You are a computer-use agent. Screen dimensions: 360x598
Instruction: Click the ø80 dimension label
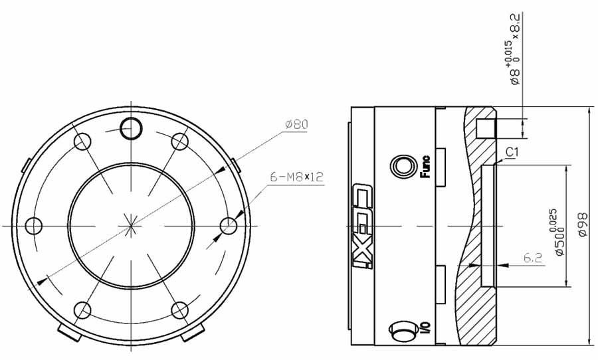pos(296,124)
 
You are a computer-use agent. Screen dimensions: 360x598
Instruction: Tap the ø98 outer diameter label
pos(583,225)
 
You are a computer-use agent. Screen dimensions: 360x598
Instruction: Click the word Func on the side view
pos(425,167)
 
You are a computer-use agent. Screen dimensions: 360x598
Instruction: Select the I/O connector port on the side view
pos(401,330)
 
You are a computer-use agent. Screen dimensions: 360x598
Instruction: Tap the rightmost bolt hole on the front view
pos(229,226)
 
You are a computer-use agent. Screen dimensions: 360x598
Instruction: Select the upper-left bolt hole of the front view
pos(82,141)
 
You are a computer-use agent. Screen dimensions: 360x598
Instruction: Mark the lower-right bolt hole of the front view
pos(179,310)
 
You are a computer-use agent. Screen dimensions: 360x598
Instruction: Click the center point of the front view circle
pos(131,226)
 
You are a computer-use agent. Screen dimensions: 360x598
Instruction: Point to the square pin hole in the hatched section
pos(487,127)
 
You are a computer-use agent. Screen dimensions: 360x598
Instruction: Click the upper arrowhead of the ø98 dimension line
pos(589,112)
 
